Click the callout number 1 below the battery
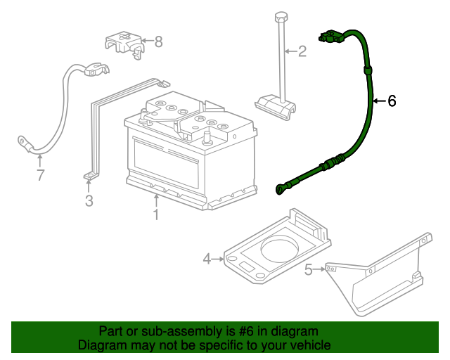tap(156, 214)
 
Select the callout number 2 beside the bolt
tap(302, 51)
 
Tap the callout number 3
tap(89, 202)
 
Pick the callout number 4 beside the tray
tap(207, 259)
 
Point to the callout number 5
tap(308, 269)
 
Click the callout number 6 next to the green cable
tap(392, 101)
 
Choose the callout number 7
tap(40, 174)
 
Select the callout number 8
tap(158, 41)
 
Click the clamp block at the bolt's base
tap(276, 106)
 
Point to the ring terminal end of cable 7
tap(24, 143)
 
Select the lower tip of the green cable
tap(281, 188)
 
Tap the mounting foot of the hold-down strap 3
tap(89, 176)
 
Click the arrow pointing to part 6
tap(377, 101)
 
